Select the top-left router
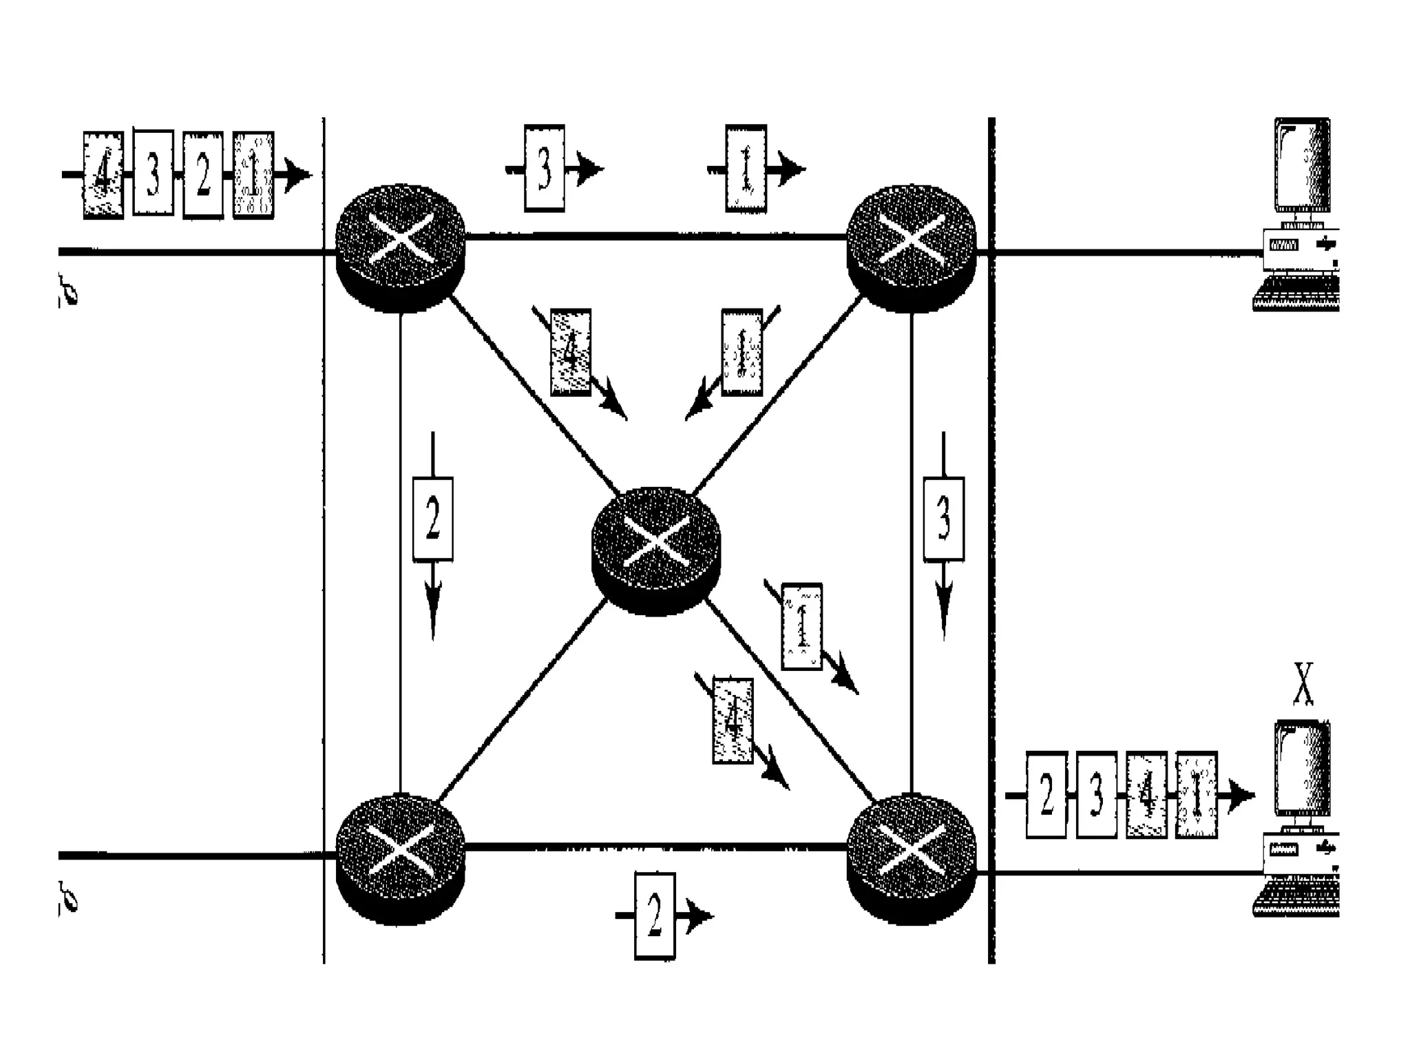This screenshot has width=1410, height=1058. pos(401,247)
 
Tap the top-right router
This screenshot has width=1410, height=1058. pos(911,247)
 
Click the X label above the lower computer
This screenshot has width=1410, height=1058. pos(1303,683)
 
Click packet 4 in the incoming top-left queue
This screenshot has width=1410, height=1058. pos(103,175)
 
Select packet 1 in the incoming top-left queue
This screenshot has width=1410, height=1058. pos(253,175)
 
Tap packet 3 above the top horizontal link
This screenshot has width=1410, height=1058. pos(545,168)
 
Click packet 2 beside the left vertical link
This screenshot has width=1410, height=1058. pos(432,519)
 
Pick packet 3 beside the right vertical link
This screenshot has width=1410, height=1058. pos(943,519)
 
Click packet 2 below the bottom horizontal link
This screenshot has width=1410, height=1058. pos(654,916)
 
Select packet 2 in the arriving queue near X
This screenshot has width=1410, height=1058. pos(1046,795)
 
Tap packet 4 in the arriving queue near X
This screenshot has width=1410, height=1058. pos(1146,795)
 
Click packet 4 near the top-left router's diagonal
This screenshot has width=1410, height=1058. pos(571,352)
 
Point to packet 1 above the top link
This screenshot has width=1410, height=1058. pos(746,168)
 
